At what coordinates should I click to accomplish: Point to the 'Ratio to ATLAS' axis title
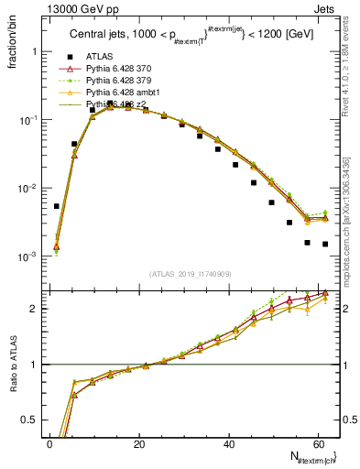12,364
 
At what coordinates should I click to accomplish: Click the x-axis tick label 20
139,443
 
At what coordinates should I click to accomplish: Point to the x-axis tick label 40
228,443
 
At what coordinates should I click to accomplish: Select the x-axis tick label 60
317,443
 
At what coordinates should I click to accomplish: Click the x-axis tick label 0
50,443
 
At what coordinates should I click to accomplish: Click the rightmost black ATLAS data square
325,244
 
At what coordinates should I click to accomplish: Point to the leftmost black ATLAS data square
57,206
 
